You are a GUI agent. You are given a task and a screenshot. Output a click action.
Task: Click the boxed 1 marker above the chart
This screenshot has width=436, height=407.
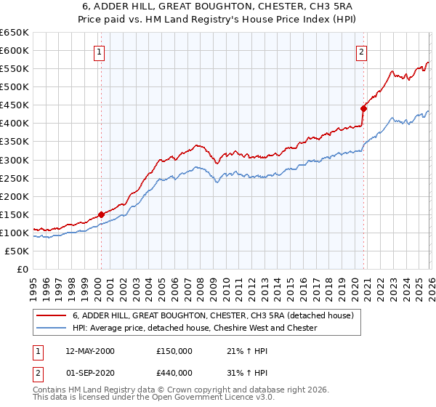click(99, 52)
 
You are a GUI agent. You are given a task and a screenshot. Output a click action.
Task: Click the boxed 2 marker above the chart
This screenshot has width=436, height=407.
click(361, 52)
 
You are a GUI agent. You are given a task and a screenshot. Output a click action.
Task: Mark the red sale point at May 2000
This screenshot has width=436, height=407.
click(101, 214)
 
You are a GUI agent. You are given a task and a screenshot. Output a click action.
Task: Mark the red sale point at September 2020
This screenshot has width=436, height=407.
click(363, 108)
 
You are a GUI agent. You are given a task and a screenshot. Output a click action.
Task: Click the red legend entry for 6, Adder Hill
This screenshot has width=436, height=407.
click(213, 315)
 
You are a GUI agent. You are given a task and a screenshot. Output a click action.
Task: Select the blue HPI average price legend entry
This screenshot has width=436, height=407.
click(195, 328)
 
